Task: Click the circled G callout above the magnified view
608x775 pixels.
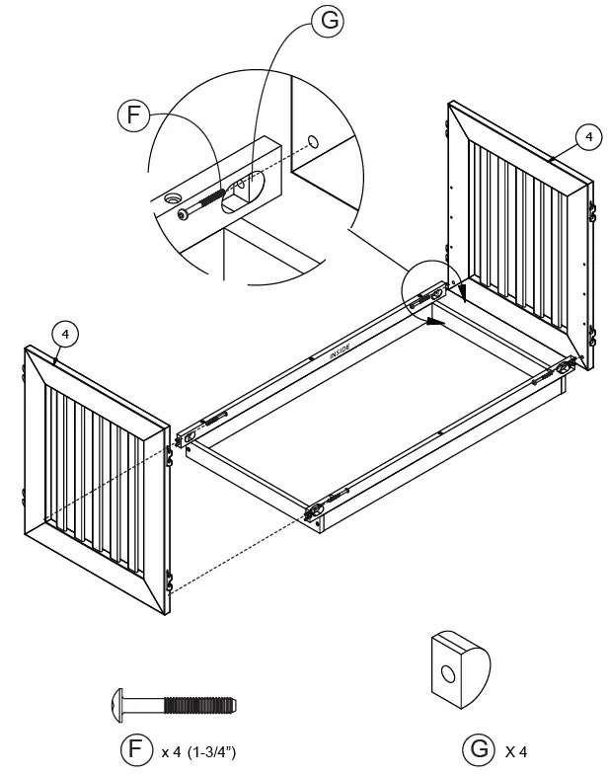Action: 326,23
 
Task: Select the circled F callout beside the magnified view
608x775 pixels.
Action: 133,116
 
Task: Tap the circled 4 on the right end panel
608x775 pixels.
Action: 587,137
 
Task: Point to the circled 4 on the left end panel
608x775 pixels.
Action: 64,334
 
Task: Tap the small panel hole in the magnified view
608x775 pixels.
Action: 313,142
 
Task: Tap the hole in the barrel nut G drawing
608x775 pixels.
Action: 448,675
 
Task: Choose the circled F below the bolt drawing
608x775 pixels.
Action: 135,750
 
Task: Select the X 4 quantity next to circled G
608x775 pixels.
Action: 516,752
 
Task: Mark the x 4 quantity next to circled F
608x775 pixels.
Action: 170,752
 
